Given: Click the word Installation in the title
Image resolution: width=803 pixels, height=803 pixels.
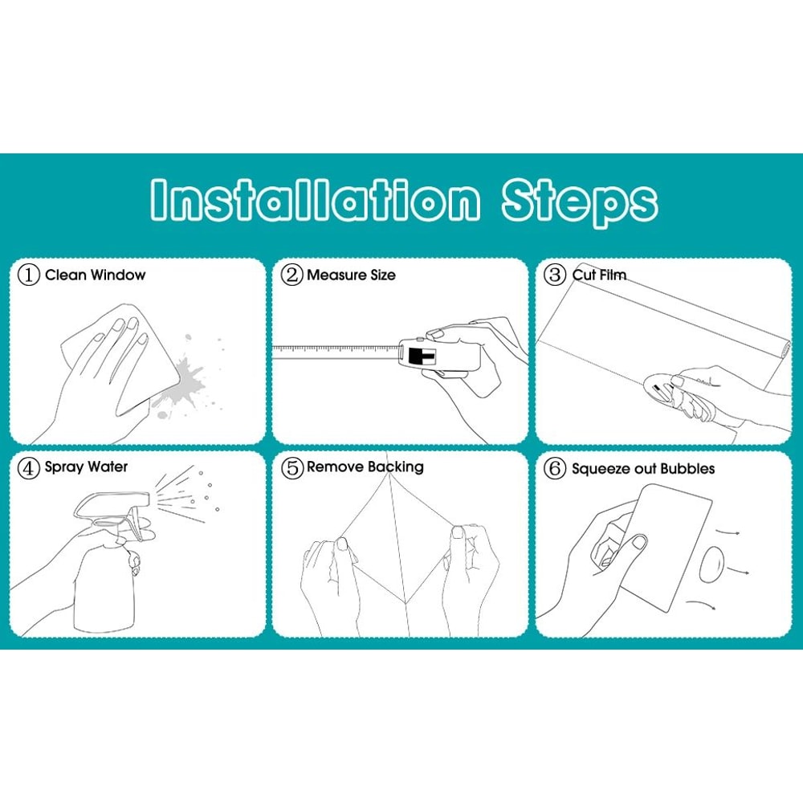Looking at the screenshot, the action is coord(316,200).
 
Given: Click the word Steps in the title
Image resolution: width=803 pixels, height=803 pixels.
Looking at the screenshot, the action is coord(580,202).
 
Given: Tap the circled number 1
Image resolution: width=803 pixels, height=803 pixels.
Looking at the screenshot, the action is coord(29,275).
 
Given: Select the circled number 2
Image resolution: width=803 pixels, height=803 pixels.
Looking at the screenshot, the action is coord(292,275).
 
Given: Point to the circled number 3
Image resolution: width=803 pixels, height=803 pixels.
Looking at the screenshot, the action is coord(555,275).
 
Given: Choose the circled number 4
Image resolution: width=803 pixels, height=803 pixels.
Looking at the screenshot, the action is coord(29,467).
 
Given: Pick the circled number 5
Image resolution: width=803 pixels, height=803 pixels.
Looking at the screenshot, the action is coord(292,467).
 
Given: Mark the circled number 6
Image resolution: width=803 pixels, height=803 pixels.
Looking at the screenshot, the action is coord(555,468).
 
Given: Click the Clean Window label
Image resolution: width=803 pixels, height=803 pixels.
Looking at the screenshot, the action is coord(96,275).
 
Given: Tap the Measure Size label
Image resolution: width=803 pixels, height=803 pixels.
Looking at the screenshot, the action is coord(352,275).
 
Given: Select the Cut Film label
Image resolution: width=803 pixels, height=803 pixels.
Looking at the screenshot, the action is coord(599,275).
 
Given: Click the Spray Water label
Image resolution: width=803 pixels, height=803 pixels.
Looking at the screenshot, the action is coord(86,467).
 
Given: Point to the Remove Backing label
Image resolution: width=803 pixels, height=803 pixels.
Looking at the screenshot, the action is coord(365,467).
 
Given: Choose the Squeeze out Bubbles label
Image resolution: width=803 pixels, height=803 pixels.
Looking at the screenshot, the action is coord(643,469).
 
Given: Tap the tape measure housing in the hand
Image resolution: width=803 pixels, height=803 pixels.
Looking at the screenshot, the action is coord(439,354).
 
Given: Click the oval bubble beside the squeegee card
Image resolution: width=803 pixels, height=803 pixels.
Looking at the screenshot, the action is coord(711,565).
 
